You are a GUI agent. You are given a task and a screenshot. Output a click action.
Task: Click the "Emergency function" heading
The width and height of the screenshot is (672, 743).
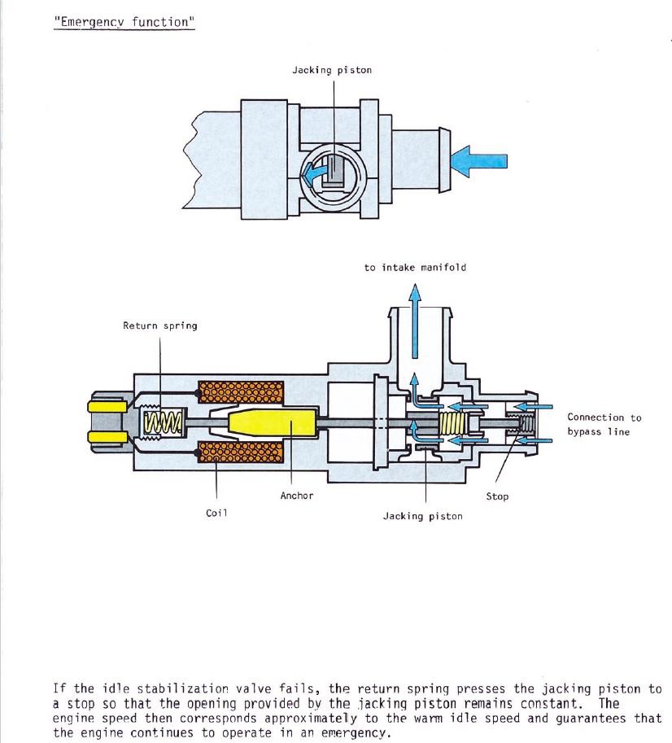124,21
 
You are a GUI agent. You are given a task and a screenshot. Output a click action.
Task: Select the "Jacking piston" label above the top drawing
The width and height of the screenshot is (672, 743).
332,70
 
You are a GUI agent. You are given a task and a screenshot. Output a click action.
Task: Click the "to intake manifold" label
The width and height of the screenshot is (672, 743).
415,267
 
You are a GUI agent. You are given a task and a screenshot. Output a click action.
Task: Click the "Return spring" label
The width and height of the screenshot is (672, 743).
159,326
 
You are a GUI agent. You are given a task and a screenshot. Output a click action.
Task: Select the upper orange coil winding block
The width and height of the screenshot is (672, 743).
242,395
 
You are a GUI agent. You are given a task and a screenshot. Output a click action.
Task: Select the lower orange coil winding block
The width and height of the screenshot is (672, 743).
242,452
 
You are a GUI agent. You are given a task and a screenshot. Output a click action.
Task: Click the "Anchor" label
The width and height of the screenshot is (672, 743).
297,495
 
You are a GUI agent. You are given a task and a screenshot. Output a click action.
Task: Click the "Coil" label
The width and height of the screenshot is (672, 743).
216,513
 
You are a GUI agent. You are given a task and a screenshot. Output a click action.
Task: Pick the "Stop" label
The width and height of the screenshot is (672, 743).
497,496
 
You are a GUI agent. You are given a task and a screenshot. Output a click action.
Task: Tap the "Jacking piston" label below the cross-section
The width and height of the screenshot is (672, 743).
422,516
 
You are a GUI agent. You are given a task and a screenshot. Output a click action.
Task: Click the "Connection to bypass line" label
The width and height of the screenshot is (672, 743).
604,424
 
